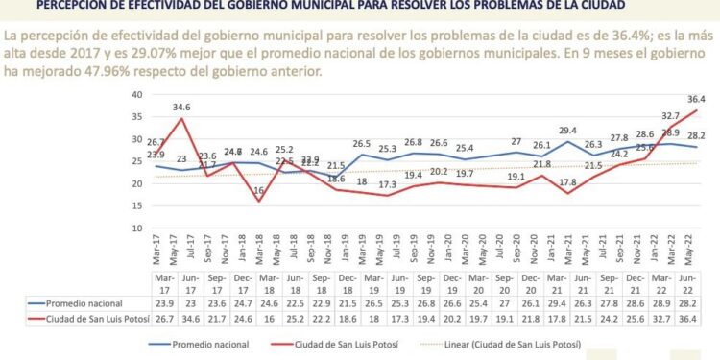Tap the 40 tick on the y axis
pyautogui.click(x=136, y=95)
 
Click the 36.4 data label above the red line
pyautogui.click(x=695, y=99)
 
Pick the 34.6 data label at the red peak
pyautogui.click(x=181, y=108)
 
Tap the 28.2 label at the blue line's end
pyautogui.click(x=695, y=136)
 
